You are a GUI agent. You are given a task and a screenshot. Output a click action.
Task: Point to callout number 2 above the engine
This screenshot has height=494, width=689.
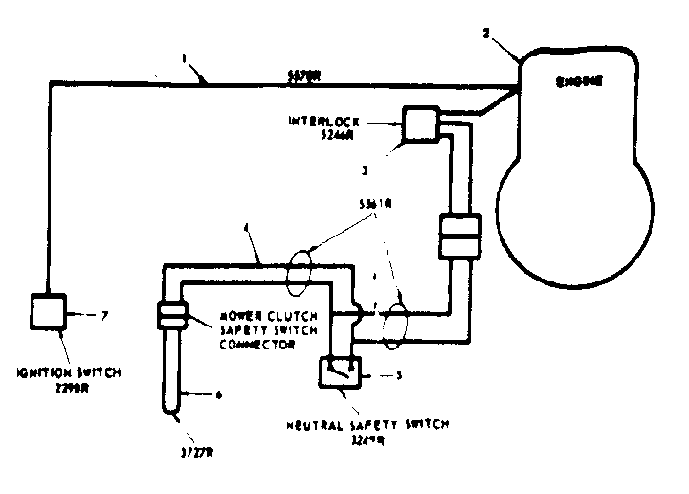coord(486,34)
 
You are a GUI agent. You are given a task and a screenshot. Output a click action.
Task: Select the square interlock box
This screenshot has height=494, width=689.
coord(418,123)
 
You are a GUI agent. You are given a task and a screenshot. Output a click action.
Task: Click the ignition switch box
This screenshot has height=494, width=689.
coord(47,311)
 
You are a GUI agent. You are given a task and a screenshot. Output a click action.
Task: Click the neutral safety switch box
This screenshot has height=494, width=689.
coord(340,369)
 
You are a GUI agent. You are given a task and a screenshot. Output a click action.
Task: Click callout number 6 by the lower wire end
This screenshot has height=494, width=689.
coord(219,393)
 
